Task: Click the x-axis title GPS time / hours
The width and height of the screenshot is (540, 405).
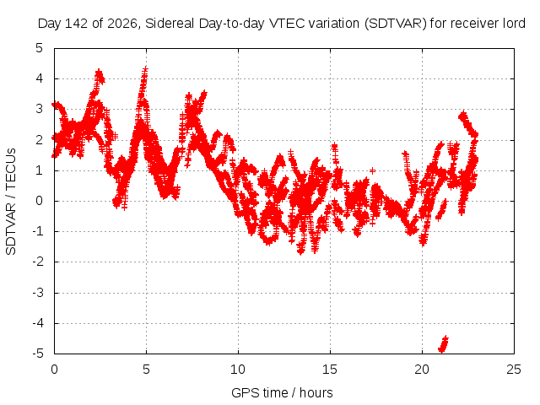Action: tap(282, 392)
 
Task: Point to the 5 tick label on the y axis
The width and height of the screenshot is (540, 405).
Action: tap(40, 48)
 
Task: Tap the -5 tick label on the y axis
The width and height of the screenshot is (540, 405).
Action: tap(37, 354)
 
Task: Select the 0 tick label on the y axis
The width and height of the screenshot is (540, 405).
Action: tap(40, 201)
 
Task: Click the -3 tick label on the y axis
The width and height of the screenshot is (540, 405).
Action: tap(37, 293)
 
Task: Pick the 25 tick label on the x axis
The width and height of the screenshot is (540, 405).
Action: tap(514, 370)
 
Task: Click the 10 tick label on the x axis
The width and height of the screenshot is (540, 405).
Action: tap(238, 370)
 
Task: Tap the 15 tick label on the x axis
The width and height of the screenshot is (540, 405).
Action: tap(330, 370)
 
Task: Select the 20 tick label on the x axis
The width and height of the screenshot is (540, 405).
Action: tap(422, 370)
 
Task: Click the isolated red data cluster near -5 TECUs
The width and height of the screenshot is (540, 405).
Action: tap(443, 344)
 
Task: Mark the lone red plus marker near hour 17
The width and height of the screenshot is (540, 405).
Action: tap(372, 170)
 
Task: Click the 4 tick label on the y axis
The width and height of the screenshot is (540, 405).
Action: tap(40, 78)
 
